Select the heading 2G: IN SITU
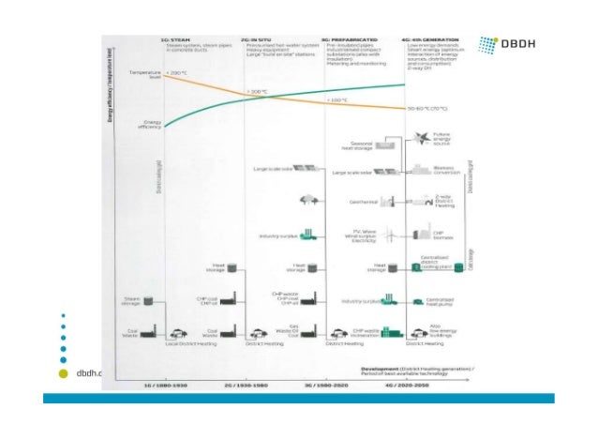point(257,38)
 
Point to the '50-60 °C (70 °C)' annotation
point(432,108)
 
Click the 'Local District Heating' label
point(184,343)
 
